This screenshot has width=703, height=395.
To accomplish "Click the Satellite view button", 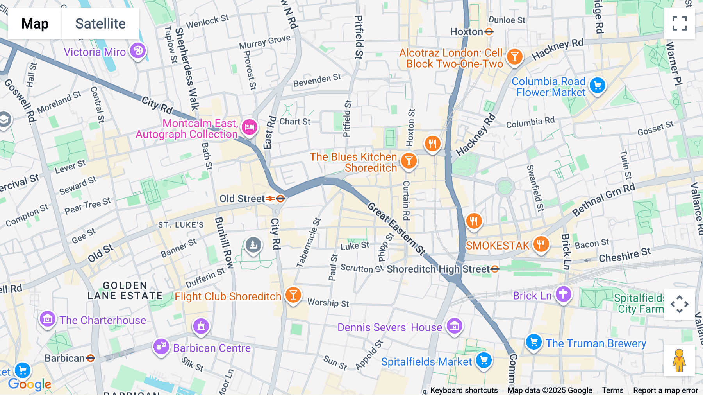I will point(100,23).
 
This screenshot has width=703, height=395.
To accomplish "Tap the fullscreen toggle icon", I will point(679,23).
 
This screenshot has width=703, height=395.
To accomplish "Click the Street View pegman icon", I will point(679,361).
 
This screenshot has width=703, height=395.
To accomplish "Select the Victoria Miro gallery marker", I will point(137,51).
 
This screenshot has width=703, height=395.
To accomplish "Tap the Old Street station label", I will point(242,199).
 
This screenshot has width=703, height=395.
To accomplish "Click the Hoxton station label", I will point(467,32).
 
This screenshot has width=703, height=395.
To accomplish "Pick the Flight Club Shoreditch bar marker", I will point(293,295).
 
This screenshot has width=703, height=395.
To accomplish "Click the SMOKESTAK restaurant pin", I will point(541,244).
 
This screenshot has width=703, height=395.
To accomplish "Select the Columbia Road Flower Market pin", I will point(597,85).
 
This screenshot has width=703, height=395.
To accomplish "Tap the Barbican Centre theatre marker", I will point(161,346).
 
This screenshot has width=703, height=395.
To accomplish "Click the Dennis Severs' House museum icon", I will point(454,325).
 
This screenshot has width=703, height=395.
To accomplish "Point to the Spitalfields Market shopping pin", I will point(484,360).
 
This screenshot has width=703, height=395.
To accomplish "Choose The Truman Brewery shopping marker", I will point(533,342).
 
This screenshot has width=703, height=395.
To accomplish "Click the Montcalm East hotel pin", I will point(249,127).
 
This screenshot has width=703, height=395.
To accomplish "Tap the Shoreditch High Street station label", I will point(438,269).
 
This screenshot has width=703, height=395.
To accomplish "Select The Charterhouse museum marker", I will point(48,319).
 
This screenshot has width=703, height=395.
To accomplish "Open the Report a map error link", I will point(666,390).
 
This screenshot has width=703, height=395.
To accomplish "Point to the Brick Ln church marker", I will point(563,294).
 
